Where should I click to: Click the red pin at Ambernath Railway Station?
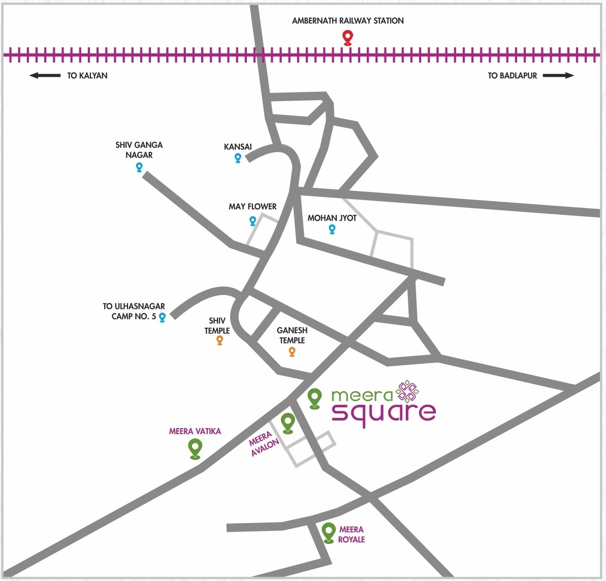point(348,38)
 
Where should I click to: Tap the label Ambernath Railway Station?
point(348,21)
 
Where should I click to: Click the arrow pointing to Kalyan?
point(45,75)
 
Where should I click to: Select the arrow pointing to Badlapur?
point(558,75)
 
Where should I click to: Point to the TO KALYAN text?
point(87,76)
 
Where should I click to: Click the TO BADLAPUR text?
point(512,76)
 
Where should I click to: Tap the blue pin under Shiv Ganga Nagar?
point(139,167)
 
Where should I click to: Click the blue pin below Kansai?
point(238,158)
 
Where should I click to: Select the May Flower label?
point(252,207)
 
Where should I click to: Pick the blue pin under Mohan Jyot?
point(332,229)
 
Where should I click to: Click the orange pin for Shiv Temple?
point(219,340)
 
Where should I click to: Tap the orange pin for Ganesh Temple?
point(292,351)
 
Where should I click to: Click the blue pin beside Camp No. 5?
point(163,317)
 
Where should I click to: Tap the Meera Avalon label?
point(264,443)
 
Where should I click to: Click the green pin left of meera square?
point(314,398)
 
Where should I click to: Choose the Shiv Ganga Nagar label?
point(139,150)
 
